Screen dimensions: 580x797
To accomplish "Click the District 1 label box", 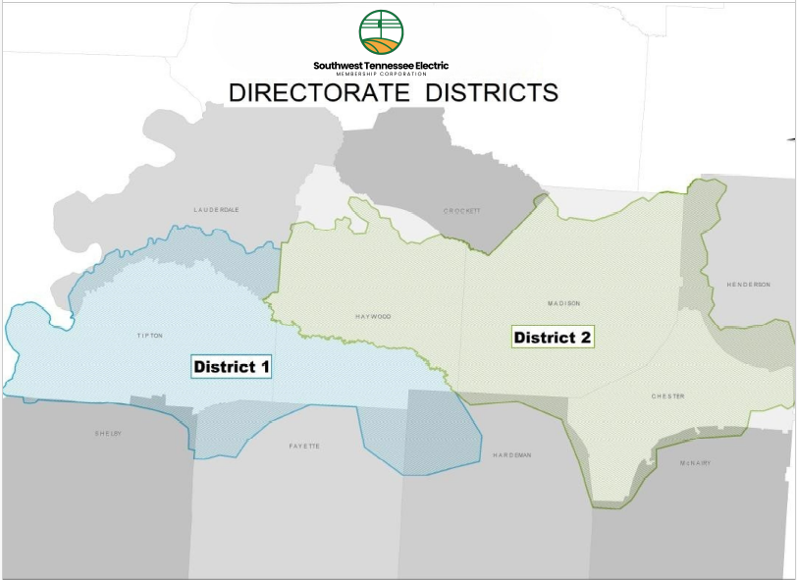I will (x=232, y=367).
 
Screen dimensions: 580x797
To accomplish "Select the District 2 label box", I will (x=554, y=338).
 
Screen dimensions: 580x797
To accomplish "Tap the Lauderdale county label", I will (x=217, y=210).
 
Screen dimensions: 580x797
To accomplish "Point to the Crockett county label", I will (x=461, y=211).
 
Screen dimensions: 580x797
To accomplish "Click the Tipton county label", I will (x=149, y=336).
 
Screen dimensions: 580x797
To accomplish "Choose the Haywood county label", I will (x=373, y=317).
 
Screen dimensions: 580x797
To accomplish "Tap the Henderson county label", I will (x=748, y=285).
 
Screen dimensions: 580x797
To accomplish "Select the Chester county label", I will (x=667, y=396).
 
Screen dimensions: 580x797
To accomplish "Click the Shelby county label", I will (x=108, y=433).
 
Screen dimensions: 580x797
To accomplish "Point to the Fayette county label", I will (x=304, y=447).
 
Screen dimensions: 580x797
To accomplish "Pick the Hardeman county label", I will (x=511, y=455).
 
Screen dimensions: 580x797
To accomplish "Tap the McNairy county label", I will (x=694, y=462).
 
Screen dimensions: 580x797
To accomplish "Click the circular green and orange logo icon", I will (x=381, y=32).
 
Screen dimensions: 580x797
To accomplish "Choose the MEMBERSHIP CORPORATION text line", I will (x=381, y=75).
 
